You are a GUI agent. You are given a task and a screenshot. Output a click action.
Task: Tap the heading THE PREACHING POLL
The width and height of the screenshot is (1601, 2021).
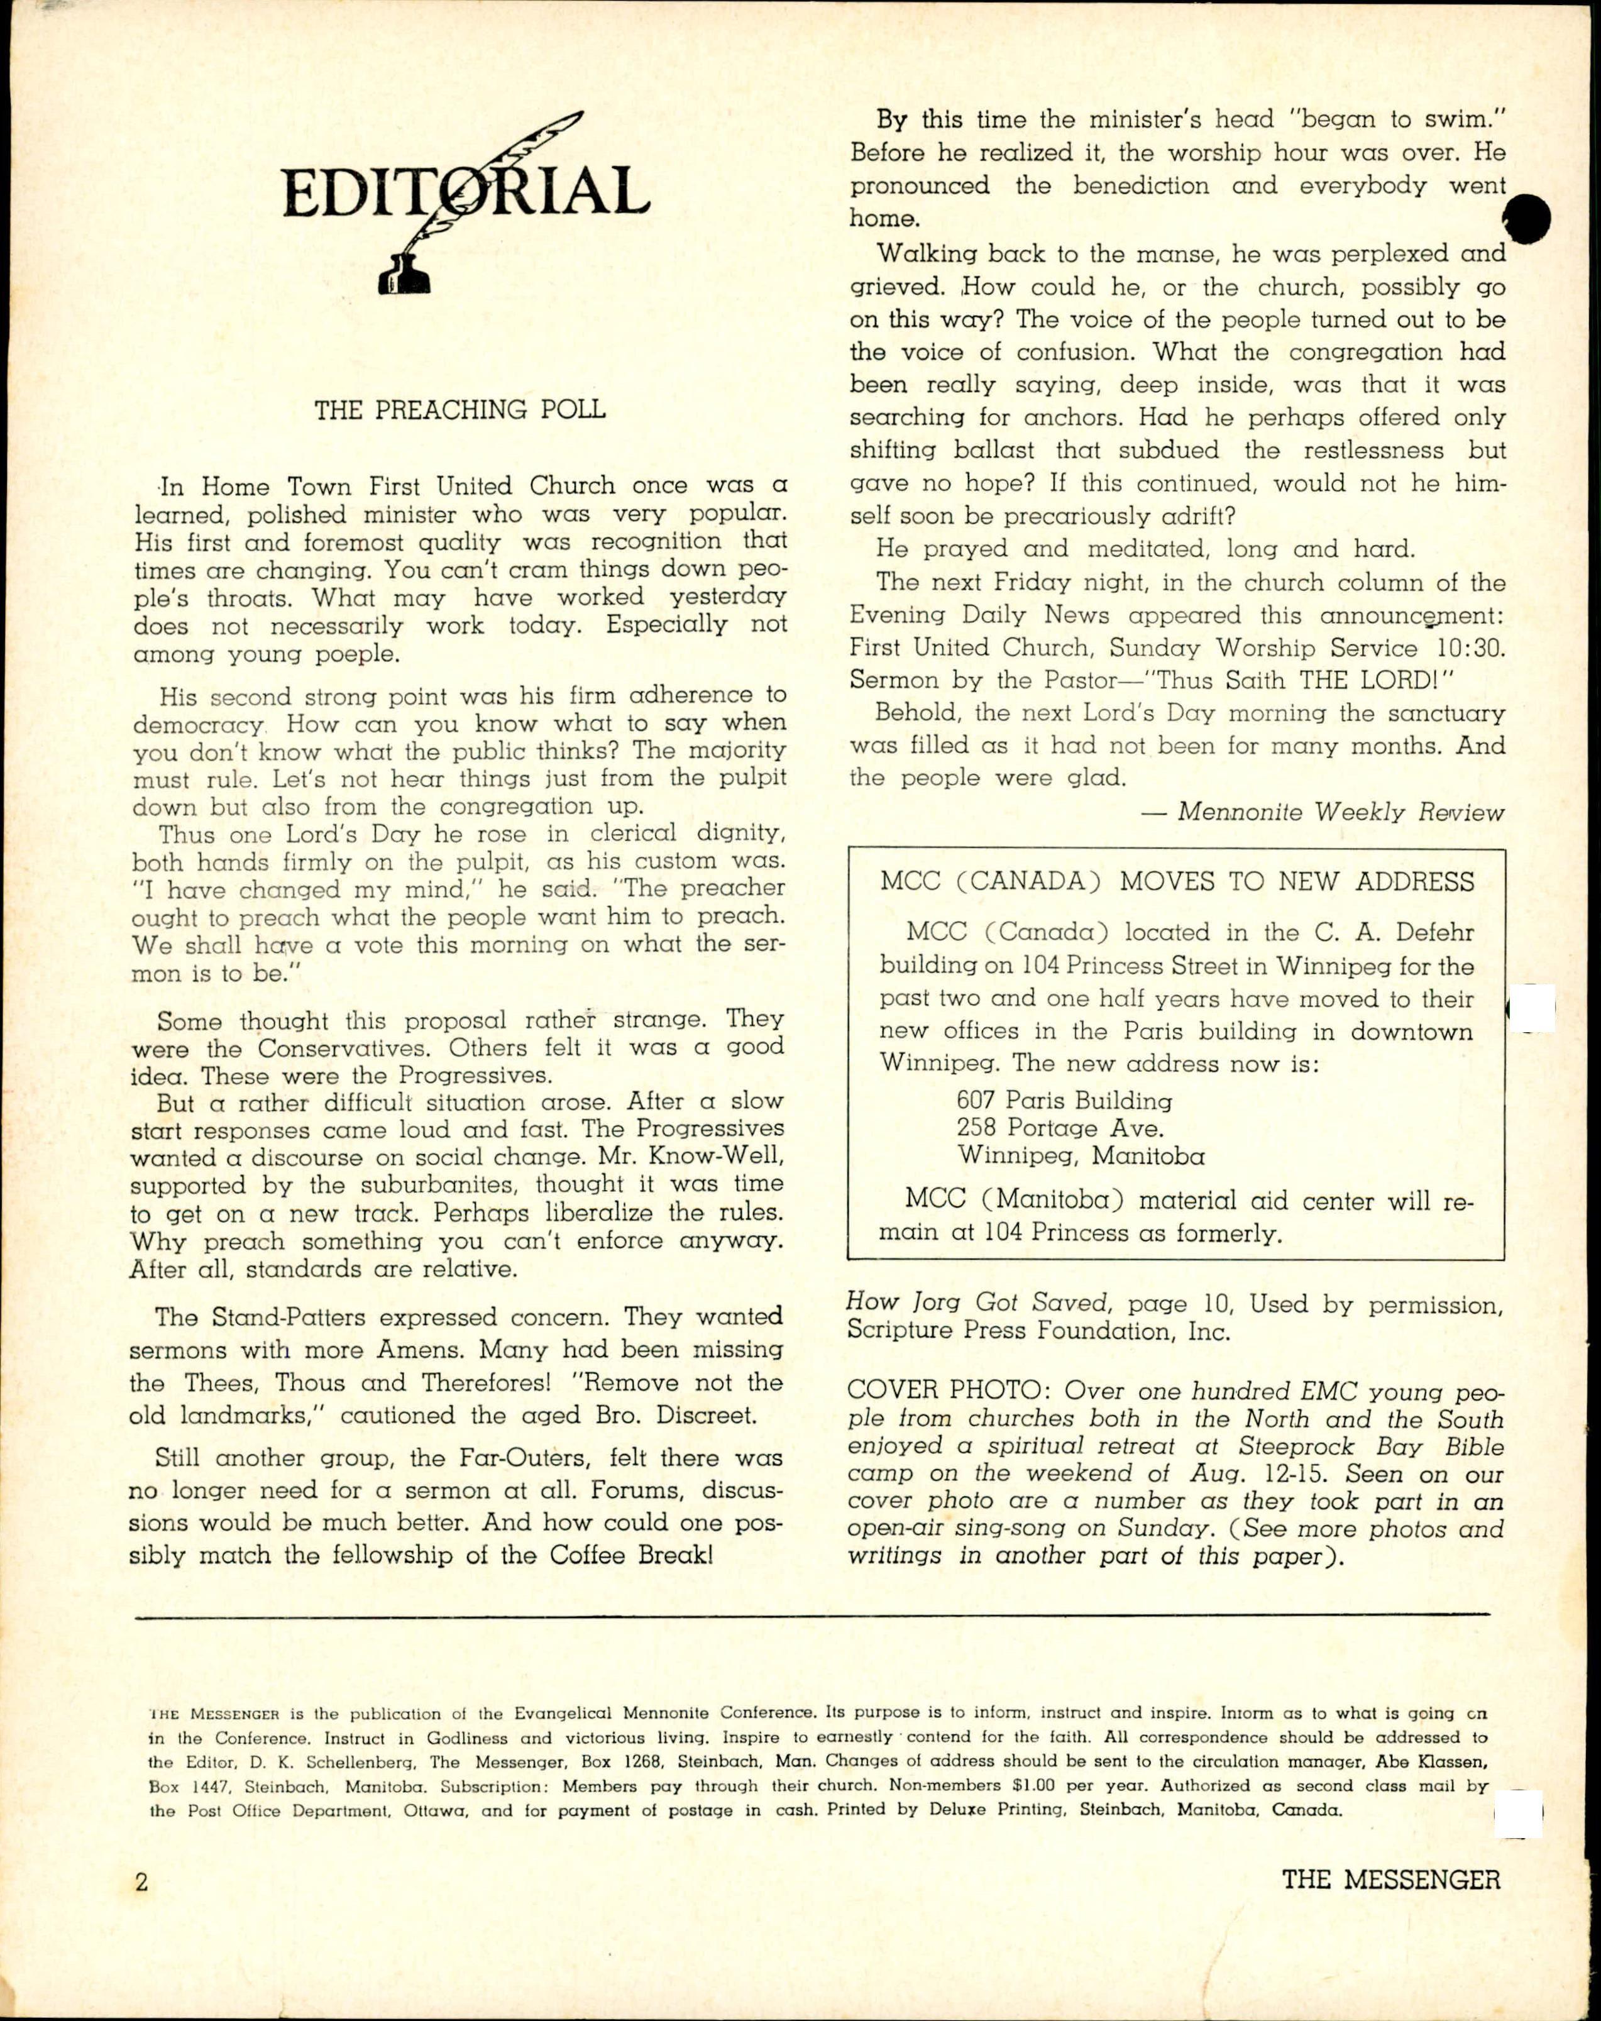click(x=459, y=410)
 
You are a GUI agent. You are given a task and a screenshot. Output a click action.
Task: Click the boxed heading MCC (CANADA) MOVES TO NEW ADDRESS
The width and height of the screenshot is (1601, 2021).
click(x=1176, y=882)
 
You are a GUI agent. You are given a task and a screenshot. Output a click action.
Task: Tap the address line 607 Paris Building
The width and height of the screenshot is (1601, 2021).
click(x=1064, y=1101)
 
